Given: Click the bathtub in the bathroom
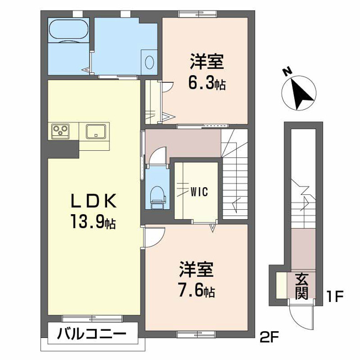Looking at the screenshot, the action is pyautogui.click(x=68, y=30).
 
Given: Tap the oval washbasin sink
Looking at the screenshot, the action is pyautogui.click(x=150, y=62).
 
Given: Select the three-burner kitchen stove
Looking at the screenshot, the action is pyautogui.click(x=60, y=131).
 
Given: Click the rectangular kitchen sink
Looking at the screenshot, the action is pyautogui.click(x=96, y=131).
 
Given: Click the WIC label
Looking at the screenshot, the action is pyautogui.click(x=199, y=192).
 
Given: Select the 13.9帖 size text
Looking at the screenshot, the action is pyautogui.click(x=93, y=221).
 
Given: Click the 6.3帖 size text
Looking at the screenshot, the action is pyautogui.click(x=207, y=83).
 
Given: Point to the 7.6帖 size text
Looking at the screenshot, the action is pyautogui.click(x=197, y=292).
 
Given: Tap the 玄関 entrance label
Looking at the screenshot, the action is pyautogui.click(x=301, y=287).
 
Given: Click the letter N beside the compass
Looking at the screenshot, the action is pyautogui.click(x=288, y=72).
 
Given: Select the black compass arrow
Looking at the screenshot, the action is pyautogui.click(x=301, y=94).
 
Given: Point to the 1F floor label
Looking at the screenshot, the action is pyautogui.click(x=335, y=297).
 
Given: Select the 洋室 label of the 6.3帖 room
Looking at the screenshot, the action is pyautogui.click(x=207, y=61).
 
